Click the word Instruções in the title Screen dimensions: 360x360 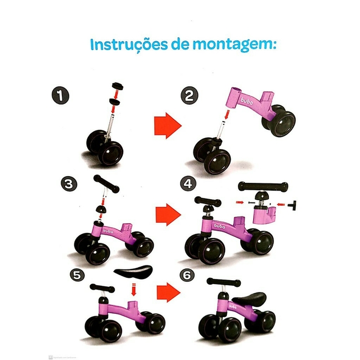click(x=129, y=44)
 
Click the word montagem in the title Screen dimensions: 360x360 click(x=232, y=46)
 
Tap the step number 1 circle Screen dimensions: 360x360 click(x=60, y=96)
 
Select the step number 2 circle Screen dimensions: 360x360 click(x=190, y=96)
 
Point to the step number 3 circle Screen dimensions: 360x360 click(x=69, y=184)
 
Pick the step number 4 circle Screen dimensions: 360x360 click(x=188, y=183)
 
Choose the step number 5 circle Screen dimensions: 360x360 click(x=77, y=275)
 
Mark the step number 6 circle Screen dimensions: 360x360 click(x=187, y=275)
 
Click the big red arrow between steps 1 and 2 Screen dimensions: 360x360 click(x=168, y=125)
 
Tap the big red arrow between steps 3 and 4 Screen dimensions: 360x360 click(x=168, y=215)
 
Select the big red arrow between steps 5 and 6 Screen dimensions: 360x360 click(x=169, y=292)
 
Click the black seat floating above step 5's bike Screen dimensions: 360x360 click(x=133, y=271)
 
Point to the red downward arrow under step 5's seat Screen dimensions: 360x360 click(x=134, y=290)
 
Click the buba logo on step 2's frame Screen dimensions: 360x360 click(x=247, y=101)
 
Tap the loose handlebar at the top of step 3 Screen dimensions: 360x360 click(x=106, y=184)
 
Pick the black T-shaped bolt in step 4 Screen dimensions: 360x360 click(x=292, y=205)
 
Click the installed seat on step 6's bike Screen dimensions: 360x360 click(x=249, y=298)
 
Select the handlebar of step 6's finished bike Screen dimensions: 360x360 click(x=224, y=282)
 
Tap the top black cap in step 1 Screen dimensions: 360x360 click(x=118, y=86)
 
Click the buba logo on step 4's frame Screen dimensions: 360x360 click(x=219, y=226)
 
